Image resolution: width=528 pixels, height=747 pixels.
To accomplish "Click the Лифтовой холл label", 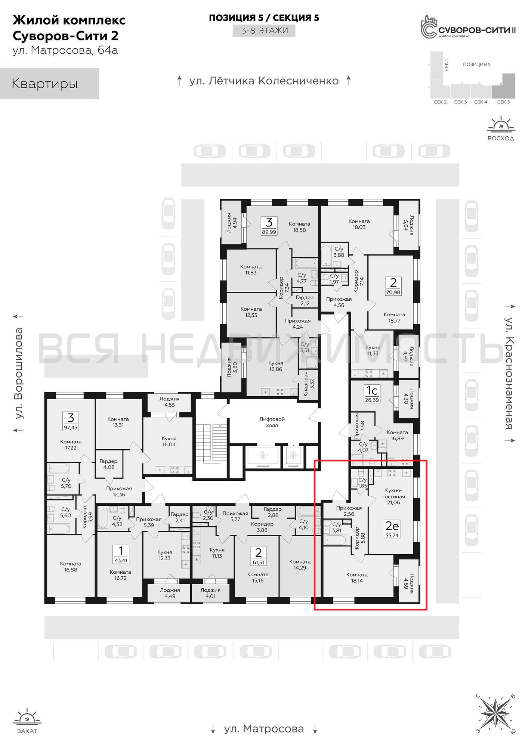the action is (x=272, y=422).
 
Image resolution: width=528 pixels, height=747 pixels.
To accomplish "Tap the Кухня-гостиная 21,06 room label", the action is (x=393, y=496).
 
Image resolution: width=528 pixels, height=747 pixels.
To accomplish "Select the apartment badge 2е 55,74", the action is (x=392, y=529).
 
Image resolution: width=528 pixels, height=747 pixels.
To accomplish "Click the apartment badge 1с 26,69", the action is (x=372, y=393).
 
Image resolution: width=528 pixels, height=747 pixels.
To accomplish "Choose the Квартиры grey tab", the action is (x=49, y=83).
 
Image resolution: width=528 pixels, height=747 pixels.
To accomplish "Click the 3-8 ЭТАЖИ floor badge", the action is (x=264, y=30).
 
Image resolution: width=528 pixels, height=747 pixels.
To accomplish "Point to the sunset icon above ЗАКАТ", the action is (x=27, y=717).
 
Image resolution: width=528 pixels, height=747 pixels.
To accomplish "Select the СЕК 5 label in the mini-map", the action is (x=503, y=102).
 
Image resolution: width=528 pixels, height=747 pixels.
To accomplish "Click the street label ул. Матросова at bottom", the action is (x=264, y=729).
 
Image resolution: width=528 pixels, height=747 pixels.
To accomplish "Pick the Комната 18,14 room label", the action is (x=357, y=577).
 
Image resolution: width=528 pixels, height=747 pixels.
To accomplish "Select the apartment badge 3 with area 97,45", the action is (x=71, y=421).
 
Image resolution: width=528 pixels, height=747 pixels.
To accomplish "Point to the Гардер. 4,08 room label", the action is (x=109, y=464).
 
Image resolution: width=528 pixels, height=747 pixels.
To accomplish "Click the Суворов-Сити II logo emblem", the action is (x=429, y=27).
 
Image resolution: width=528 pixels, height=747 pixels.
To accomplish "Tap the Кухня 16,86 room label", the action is (x=276, y=366).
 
